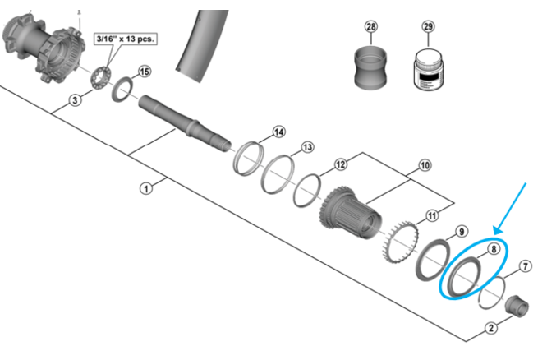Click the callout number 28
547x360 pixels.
click(371, 26)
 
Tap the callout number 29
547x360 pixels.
click(427, 26)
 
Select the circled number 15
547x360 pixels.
click(145, 72)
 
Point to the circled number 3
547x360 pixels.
click(75, 101)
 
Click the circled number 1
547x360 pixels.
click(146, 188)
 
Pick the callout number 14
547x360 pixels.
click(278, 132)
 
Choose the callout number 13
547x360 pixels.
click(307, 147)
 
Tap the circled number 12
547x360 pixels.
click(339, 164)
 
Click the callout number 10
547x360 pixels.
click(425, 165)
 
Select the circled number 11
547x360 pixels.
click(432, 216)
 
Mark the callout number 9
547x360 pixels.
click(462, 231)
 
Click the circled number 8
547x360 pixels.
click(494, 247)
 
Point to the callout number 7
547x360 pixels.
click(526, 265)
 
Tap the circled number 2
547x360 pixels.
click(491, 328)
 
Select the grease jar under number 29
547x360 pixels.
click(427, 67)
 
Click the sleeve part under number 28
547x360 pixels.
click(371, 67)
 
